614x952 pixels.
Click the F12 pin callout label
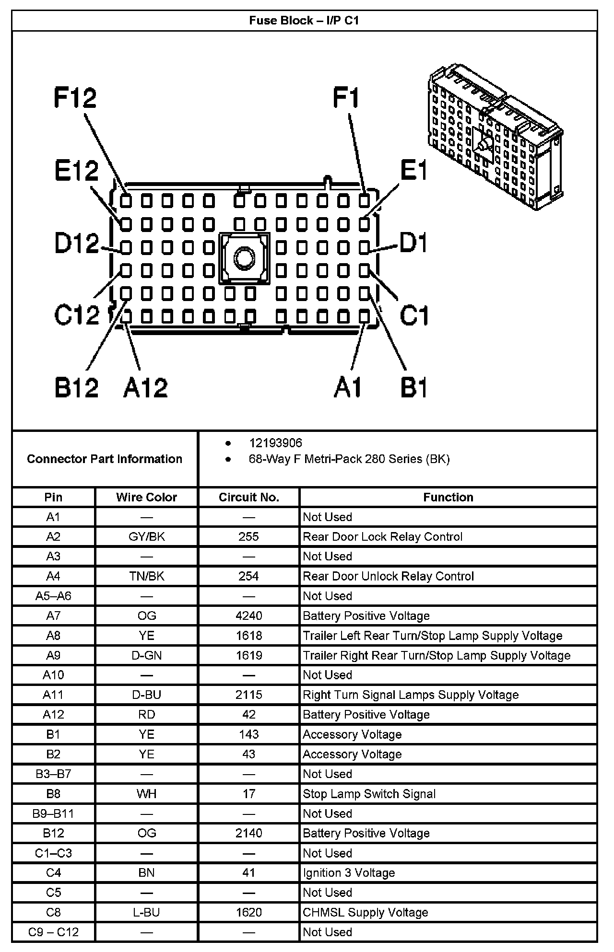(x=75, y=97)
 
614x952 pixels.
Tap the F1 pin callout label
(x=346, y=98)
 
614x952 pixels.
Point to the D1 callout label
(x=413, y=243)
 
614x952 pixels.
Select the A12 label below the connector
(x=145, y=387)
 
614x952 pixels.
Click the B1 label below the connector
(x=413, y=387)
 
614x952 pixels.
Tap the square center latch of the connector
(x=245, y=258)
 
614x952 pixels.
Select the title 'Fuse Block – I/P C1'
(x=304, y=21)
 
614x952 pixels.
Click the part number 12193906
(x=275, y=443)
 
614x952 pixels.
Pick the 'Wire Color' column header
(x=146, y=497)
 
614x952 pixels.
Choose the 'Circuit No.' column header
(x=248, y=497)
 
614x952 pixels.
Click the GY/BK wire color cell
(x=146, y=536)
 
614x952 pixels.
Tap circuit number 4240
(x=248, y=615)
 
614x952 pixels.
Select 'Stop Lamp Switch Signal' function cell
(x=369, y=794)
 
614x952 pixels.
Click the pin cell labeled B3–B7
(x=53, y=774)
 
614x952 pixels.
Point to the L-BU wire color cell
(x=146, y=912)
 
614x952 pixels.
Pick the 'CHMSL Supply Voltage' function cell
(x=365, y=912)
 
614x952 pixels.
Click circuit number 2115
(x=248, y=695)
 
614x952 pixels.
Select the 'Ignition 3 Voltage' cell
(x=349, y=872)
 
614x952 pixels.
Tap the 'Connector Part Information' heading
(x=105, y=459)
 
